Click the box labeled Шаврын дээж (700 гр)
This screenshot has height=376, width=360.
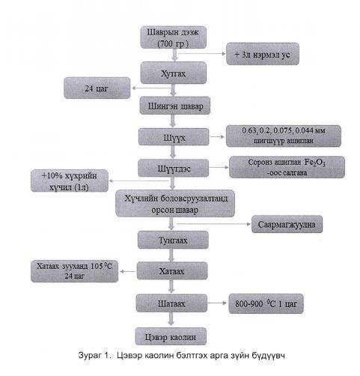click(x=173, y=38)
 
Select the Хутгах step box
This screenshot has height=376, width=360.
click(x=174, y=73)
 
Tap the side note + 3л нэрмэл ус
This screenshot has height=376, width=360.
click(x=263, y=54)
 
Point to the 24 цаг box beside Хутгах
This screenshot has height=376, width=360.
click(x=97, y=88)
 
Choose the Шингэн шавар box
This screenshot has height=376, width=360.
click(x=175, y=106)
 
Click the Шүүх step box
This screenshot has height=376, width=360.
click(x=174, y=137)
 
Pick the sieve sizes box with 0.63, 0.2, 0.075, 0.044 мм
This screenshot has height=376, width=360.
click(x=284, y=136)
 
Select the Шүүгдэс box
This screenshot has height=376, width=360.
click(x=174, y=169)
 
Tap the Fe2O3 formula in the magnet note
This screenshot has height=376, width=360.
click(x=314, y=163)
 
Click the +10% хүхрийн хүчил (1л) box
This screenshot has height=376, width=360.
click(x=70, y=181)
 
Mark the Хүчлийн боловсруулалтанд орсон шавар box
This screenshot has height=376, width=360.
click(x=175, y=204)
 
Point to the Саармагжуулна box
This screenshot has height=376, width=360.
click(x=287, y=224)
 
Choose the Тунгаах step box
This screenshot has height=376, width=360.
click(x=173, y=240)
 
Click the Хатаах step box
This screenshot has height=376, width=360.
click(x=172, y=271)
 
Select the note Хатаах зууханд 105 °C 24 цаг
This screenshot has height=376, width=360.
click(x=74, y=271)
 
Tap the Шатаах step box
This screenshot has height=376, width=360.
click(x=171, y=303)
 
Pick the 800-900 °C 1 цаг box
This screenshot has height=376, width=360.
click(x=266, y=303)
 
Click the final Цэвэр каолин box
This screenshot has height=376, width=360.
click(x=171, y=337)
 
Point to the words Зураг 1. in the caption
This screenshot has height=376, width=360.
click(x=94, y=355)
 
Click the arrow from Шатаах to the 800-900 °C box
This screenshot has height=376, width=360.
click(x=217, y=303)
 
